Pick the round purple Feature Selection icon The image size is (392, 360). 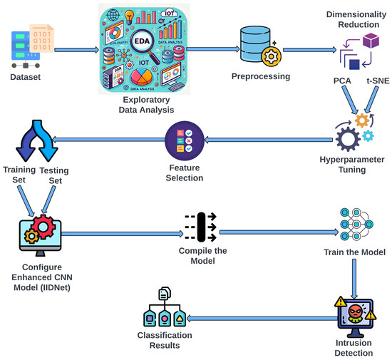point(185,139)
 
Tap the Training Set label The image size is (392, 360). point(19,175)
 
